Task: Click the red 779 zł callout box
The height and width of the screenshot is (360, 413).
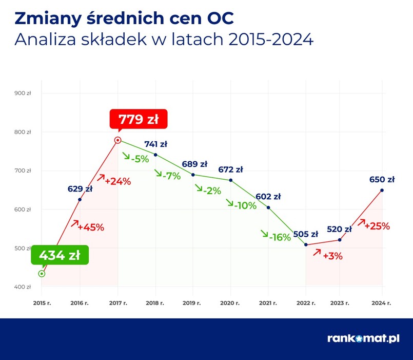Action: click(139, 120)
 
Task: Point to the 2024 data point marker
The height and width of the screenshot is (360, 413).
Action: click(382, 191)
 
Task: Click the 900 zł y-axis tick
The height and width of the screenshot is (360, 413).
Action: click(23, 93)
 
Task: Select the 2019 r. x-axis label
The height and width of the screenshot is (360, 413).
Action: click(192, 303)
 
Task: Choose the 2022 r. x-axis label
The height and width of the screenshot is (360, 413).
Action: click(306, 303)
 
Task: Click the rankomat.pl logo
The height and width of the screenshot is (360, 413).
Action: click(363, 338)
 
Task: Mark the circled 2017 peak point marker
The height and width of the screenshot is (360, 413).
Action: click(117, 140)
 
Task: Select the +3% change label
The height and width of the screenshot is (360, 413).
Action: click(332, 256)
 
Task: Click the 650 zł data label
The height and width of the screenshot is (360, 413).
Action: click(382, 180)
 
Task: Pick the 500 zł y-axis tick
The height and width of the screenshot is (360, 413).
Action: click(23, 248)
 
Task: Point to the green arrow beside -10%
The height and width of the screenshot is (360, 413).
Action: click(230, 203)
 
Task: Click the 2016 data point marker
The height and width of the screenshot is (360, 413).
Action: click(80, 199)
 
